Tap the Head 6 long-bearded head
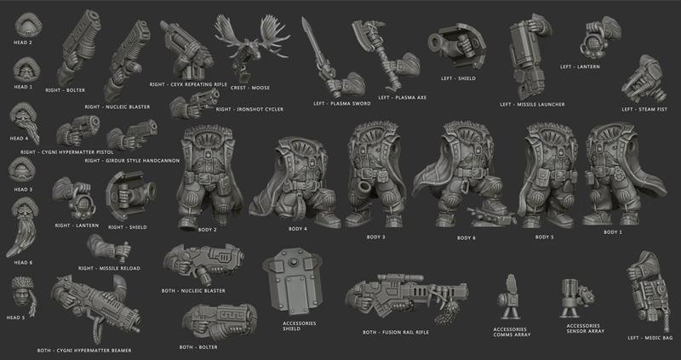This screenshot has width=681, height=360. (x=23, y=226)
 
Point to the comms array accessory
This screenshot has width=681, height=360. (x=509, y=297)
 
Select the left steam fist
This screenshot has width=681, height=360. (x=644, y=80)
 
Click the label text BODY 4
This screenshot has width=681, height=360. (x=297, y=229)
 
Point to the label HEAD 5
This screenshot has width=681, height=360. (x=16, y=318)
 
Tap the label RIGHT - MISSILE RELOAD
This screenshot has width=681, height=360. (x=109, y=268)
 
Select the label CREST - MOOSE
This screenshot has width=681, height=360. (x=249, y=88)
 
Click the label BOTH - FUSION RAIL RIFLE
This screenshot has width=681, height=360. (x=396, y=332)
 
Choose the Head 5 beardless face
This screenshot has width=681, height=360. (x=23, y=294)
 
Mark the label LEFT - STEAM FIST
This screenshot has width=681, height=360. (x=644, y=110)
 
